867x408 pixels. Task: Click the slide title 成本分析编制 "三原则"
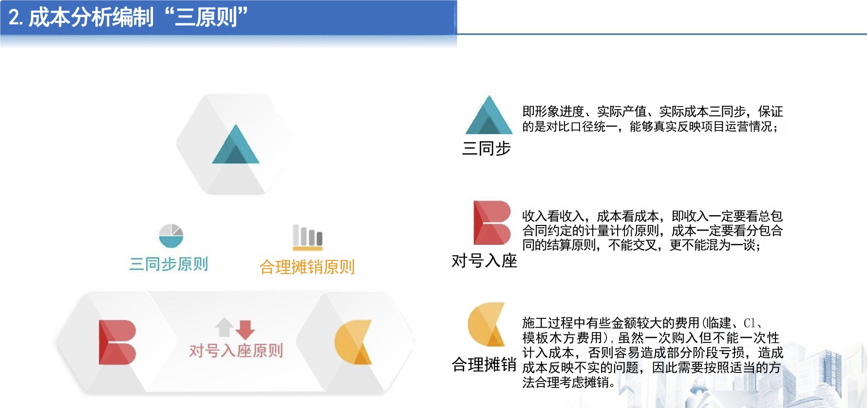click(x=128, y=17)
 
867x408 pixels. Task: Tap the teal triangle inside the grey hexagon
click(x=236, y=145)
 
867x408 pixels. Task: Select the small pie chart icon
click(x=171, y=236)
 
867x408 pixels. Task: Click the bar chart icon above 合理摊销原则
click(x=307, y=237)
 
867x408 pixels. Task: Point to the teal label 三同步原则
click(x=169, y=264)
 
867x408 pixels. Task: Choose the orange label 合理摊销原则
click(x=307, y=267)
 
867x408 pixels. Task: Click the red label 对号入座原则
click(x=236, y=350)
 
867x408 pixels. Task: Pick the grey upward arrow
click(x=225, y=327)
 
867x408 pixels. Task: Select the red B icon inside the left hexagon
click(x=117, y=342)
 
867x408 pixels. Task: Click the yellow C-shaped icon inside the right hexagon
click(x=353, y=342)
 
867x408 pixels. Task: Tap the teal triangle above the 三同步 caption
click(x=489, y=115)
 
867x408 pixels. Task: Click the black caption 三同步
click(x=486, y=148)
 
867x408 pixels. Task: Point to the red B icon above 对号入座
click(x=492, y=223)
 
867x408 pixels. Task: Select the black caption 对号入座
click(x=484, y=260)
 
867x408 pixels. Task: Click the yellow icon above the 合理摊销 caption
click(x=486, y=324)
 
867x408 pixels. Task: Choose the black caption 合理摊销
click(x=484, y=364)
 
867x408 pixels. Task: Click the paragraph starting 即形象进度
click(x=653, y=119)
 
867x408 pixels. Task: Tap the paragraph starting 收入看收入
click(x=653, y=230)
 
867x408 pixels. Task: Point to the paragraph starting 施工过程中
click(x=653, y=352)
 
